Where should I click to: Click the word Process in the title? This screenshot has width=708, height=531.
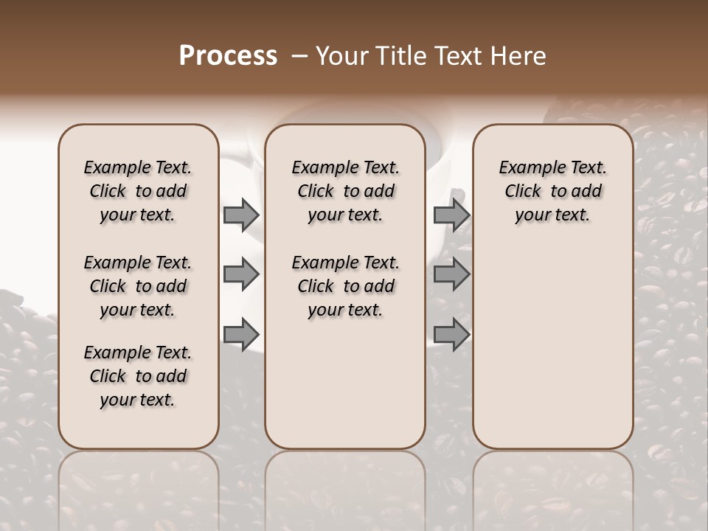point(228,56)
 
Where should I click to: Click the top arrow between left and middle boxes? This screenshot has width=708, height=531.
point(240,215)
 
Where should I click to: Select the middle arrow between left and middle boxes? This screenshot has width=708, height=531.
point(240,275)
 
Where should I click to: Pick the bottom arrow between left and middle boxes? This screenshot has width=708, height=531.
point(240,335)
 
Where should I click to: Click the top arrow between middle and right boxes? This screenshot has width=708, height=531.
point(451,215)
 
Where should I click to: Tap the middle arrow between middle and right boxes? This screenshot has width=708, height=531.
point(451,275)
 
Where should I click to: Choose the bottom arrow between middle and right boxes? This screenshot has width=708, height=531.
point(451,335)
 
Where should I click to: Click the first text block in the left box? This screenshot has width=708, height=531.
point(138,191)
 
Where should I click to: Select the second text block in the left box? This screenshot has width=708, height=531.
point(138,286)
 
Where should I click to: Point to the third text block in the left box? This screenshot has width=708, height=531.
point(138,376)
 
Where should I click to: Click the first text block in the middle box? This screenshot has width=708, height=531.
point(345,191)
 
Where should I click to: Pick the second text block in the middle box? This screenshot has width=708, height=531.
point(345,286)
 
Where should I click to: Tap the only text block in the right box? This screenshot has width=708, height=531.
point(552,191)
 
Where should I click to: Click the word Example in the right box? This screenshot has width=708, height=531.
point(527,168)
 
